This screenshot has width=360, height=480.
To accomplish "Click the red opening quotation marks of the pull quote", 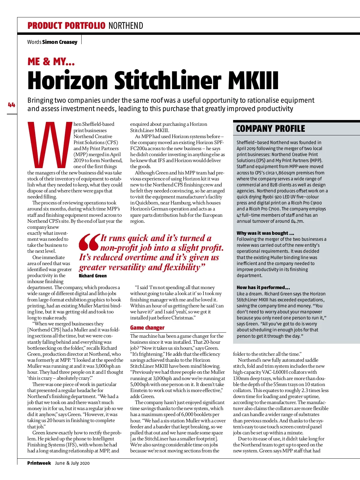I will [x=89, y=242].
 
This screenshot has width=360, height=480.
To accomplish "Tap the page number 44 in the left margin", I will [x=11, y=105].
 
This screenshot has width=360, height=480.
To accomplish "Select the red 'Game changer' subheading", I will [x=147, y=328].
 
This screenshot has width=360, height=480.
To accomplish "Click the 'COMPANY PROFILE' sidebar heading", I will [x=270, y=129].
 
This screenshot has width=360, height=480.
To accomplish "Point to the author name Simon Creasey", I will [x=60, y=42].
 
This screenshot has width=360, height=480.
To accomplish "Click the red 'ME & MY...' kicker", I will [x=51, y=62].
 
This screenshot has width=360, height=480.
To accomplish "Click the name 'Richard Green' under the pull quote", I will [x=93, y=276].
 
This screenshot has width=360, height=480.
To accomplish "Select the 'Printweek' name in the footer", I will [x=39, y=463].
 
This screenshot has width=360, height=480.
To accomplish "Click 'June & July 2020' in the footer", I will [x=72, y=463].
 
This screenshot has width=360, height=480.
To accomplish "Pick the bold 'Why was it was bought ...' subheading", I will [x=265, y=233].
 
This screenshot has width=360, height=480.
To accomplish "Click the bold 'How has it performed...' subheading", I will [x=263, y=287].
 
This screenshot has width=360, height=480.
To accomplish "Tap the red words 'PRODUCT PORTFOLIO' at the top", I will [x=66, y=26].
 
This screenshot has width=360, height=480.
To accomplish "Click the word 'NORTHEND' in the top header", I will [x=126, y=26].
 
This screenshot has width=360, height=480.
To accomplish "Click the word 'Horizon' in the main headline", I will [x=67, y=80].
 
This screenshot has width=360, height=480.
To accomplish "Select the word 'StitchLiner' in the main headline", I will [x=168, y=80].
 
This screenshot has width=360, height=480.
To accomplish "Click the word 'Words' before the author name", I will [x=34, y=42].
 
